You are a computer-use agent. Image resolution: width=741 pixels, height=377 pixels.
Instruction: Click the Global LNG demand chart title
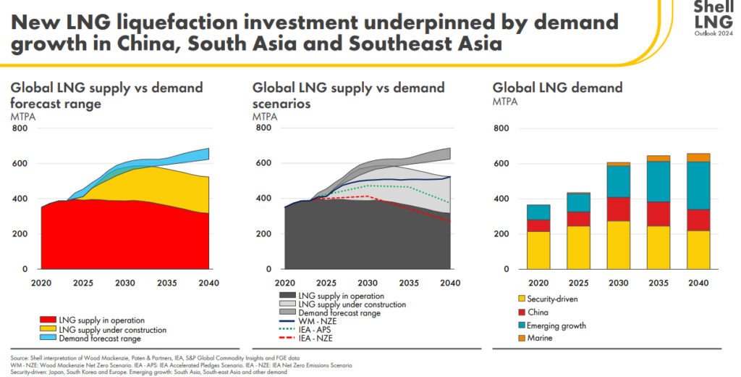557,88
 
